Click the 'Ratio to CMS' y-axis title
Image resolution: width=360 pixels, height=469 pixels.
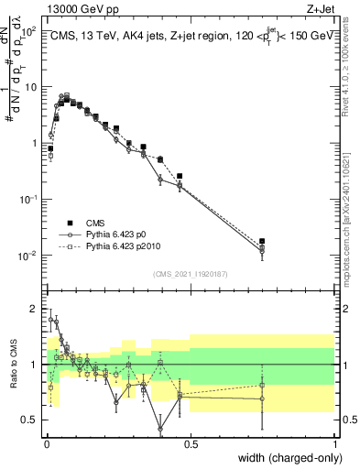point(12,365)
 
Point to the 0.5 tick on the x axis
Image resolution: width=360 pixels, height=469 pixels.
point(191,444)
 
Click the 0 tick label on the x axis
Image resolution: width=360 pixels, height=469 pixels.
point(47,444)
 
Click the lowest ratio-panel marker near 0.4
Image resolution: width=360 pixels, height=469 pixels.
point(160,429)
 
